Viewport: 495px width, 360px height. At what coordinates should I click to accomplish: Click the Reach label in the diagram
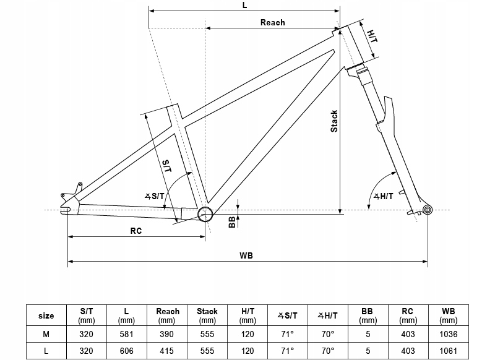coord(272,23)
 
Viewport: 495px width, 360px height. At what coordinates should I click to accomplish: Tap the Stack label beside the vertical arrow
coord(334,121)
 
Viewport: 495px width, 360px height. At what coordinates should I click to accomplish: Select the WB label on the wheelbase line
coord(246,255)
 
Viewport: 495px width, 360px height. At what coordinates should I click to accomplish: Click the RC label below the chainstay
coord(136,231)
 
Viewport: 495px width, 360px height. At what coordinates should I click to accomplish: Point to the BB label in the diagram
coord(232,221)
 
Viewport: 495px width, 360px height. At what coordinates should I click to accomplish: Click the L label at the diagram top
coord(245,5)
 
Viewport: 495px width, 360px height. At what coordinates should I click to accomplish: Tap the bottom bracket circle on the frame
coord(205,214)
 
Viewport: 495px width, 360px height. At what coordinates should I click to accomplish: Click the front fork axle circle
coord(427,212)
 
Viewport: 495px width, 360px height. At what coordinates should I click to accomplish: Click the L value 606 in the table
coord(126,350)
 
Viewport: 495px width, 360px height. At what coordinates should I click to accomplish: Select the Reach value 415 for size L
coord(166,350)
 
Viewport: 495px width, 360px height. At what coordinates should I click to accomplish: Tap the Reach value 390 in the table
coord(166,334)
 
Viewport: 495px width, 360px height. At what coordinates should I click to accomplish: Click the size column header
coord(46,315)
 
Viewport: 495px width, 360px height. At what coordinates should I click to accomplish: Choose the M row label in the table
coord(46,334)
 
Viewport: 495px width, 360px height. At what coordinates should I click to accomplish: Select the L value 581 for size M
coord(126,334)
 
